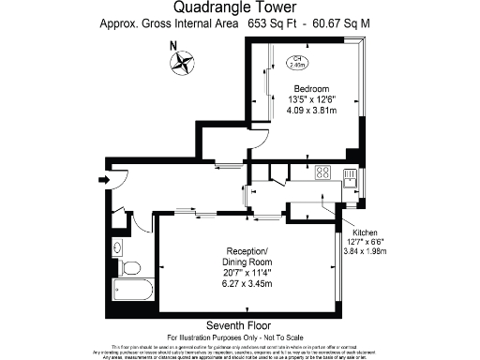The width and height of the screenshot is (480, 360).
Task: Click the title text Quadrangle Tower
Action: pyautogui.click(x=239, y=7)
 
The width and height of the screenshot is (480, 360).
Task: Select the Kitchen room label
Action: pyautogui.click(x=364, y=232)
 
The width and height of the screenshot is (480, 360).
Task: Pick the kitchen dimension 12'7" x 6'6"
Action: pyautogui.click(x=364, y=241)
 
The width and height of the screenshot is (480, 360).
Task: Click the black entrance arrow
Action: pyautogui.click(x=103, y=177)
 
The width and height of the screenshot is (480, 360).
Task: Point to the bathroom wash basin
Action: pyautogui.click(x=116, y=247)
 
